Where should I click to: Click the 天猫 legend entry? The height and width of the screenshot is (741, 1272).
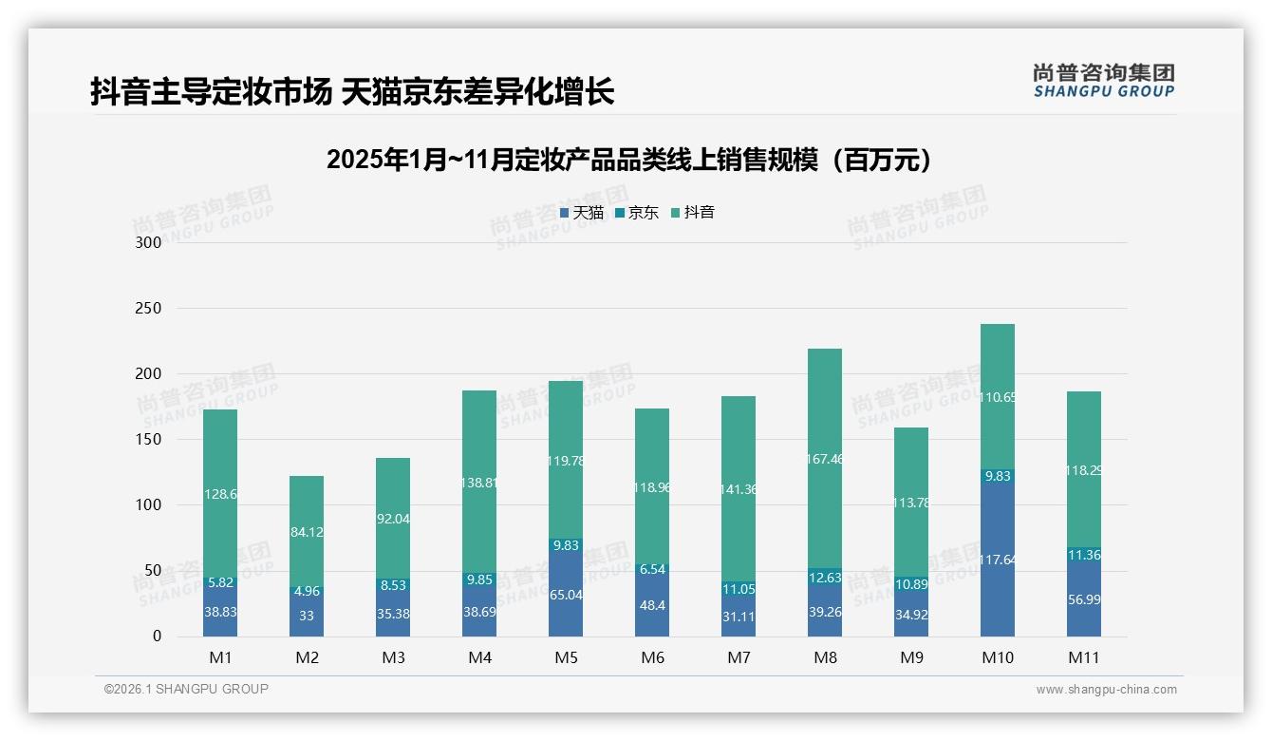click(582, 213)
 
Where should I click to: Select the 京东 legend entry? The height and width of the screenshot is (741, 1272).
click(637, 213)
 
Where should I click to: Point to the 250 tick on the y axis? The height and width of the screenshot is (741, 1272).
click(149, 309)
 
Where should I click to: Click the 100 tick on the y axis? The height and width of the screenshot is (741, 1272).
click(149, 505)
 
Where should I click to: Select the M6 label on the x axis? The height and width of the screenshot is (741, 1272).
click(652, 657)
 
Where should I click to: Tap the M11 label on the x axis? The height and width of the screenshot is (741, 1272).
click(1084, 657)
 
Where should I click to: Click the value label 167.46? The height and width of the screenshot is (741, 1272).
click(824, 459)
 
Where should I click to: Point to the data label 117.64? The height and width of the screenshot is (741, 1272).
click(997, 560)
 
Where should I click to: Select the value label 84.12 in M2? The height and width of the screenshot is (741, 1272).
click(307, 532)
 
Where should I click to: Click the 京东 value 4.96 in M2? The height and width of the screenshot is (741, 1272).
click(307, 591)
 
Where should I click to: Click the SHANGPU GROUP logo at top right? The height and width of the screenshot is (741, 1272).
click(1103, 81)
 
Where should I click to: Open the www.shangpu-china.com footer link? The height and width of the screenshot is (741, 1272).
click(1106, 690)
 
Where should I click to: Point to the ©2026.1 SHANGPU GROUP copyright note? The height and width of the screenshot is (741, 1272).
click(186, 689)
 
